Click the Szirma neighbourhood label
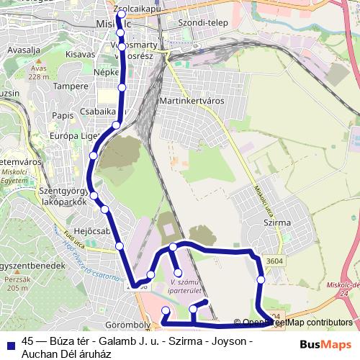(x=277, y=223)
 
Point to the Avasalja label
(x=23, y=52)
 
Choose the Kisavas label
(x=80, y=53)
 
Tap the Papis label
(x=63, y=115)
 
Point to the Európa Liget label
(x=73, y=135)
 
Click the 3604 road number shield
(x=273, y=261)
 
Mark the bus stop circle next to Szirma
(x=261, y=279)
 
